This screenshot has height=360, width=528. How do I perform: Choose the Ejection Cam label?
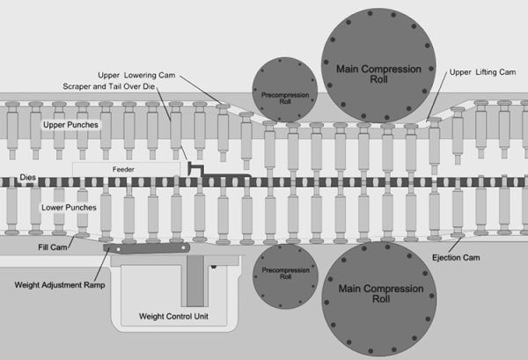[457, 257]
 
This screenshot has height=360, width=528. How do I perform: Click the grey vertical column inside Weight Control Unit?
[194, 283]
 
